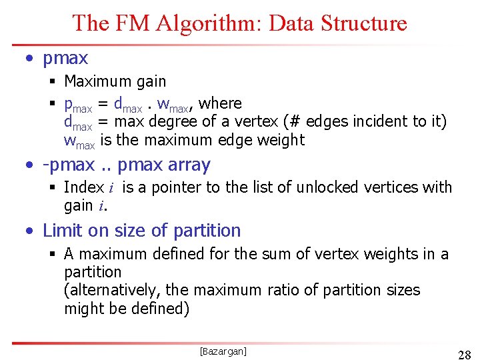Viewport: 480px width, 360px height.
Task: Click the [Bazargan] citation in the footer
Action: [223, 351]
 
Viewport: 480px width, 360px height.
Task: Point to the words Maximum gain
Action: [115, 81]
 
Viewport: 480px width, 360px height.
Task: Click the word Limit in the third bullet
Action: [61, 231]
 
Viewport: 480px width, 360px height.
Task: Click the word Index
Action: [83, 187]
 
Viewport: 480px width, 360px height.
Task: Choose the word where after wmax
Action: [220, 103]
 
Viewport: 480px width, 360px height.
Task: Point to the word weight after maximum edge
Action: [283, 140]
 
